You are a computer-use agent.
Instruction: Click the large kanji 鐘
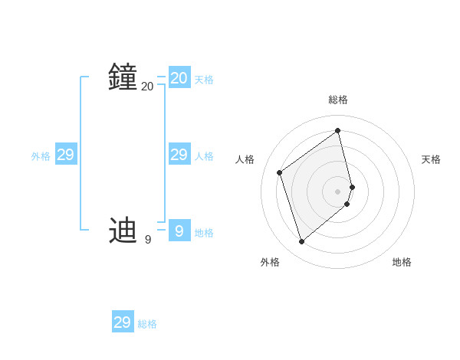pos(123,77)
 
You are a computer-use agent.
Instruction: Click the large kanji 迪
pos(123,229)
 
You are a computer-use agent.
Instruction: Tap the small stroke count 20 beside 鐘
pos(147,87)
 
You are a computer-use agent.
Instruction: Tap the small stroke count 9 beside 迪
pos(147,240)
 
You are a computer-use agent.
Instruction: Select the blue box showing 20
pos(179,77)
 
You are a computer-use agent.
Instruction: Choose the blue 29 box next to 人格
pos(179,155)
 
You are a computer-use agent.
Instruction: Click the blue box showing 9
pos(179,231)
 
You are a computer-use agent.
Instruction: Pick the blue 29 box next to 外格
pos(66,155)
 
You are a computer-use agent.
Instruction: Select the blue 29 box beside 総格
pos(123,322)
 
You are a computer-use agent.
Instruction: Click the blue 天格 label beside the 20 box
pos(204,80)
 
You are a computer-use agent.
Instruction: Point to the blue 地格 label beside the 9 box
pos(204,233)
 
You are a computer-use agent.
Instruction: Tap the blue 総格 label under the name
pos(147,324)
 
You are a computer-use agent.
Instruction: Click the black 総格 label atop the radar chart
pos(338,100)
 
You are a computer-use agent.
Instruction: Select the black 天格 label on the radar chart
pos(431,159)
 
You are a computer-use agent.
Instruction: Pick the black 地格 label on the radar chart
pos(402,262)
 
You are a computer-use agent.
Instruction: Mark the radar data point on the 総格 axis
pos(338,130)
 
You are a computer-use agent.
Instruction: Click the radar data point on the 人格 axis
pos(280,172)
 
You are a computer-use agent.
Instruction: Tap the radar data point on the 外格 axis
pos(302,242)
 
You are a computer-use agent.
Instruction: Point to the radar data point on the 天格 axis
pos(353,186)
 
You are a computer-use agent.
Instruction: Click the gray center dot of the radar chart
pos(338,191)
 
